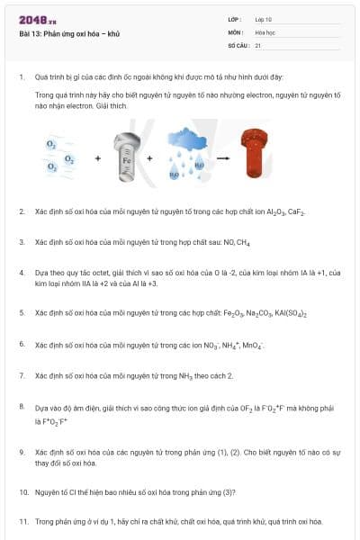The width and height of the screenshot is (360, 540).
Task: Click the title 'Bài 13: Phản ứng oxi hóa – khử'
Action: point(69,33)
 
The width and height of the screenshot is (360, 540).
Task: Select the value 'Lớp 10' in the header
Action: point(264,19)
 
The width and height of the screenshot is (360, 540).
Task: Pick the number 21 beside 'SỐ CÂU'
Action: point(258,44)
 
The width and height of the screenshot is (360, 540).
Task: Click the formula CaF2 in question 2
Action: point(298,211)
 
